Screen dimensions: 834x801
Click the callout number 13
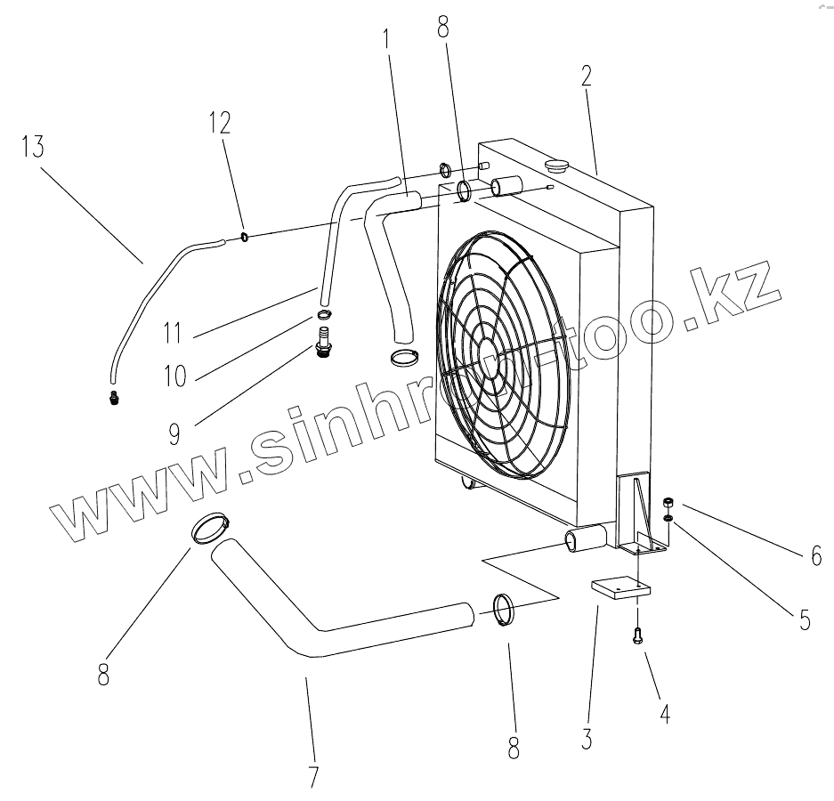tap(32, 147)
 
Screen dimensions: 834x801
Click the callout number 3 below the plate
tap(585, 738)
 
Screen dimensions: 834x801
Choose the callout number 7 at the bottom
tap(312, 776)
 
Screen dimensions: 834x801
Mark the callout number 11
tap(174, 334)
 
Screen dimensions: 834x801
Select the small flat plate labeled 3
tap(620, 588)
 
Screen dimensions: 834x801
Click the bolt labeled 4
tap(638, 635)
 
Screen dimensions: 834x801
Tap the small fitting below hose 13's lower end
tap(113, 397)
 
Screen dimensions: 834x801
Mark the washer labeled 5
tap(667, 519)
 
